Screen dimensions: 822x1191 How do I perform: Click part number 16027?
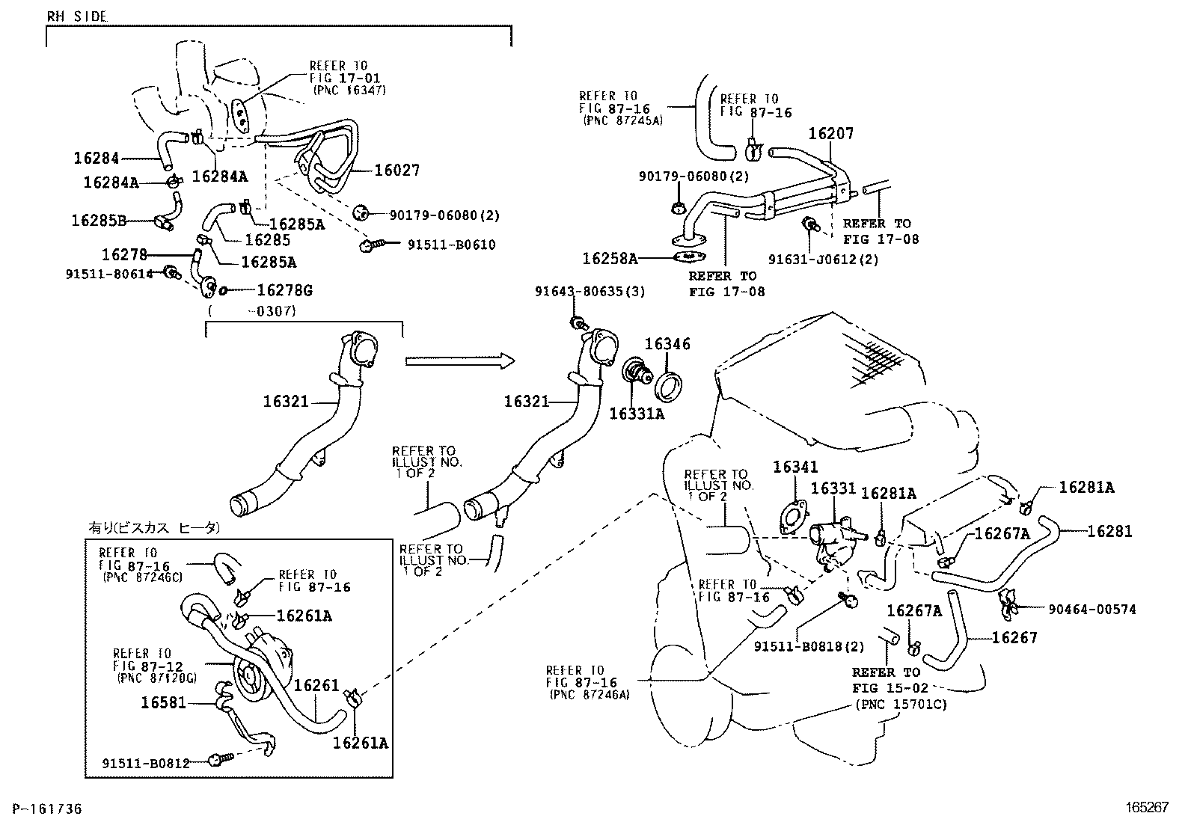pos(397,170)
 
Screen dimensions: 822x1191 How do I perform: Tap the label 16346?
pos(667,344)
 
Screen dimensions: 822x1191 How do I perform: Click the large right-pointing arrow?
pos(460,361)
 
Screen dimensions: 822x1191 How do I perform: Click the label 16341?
pos(795,467)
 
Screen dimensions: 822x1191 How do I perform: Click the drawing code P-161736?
pos(42,809)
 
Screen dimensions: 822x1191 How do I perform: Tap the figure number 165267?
pos(1148,808)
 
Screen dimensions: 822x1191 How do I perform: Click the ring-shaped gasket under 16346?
pos(668,383)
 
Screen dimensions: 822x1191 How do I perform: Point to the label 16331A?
pos(636,413)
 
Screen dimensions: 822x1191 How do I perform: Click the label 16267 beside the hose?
pos(1014,637)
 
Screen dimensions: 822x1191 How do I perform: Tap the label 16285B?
pos(98,221)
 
